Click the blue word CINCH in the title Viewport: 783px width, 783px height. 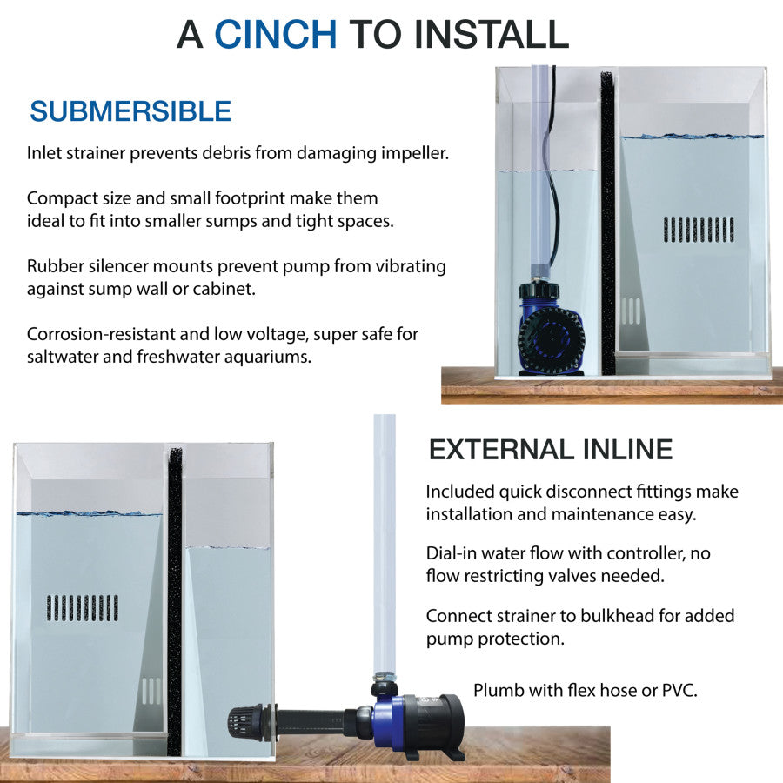pyautogui.click(x=276, y=34)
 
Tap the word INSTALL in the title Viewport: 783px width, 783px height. pyautogui.click(x=492, y=34)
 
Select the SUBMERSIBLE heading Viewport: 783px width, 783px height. pyautogui.click(x=130, y=110)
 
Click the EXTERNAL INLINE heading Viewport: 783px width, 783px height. pyautogui.click(x=551, y=450)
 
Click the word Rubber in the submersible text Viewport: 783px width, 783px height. pyautogui.click(x=55, y=265)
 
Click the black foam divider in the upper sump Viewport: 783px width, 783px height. pyautogui.click(x=608, y=224)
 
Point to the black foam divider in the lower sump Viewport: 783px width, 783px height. pyautogui.click(x=175, y=602)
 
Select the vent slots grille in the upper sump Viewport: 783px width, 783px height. pyautogui.click(x=699, y=230)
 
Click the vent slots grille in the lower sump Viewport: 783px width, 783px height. pyautogui.click(x=83, y=608)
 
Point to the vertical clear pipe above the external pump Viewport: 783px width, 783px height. pyautogui.click(x=385, y=545)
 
